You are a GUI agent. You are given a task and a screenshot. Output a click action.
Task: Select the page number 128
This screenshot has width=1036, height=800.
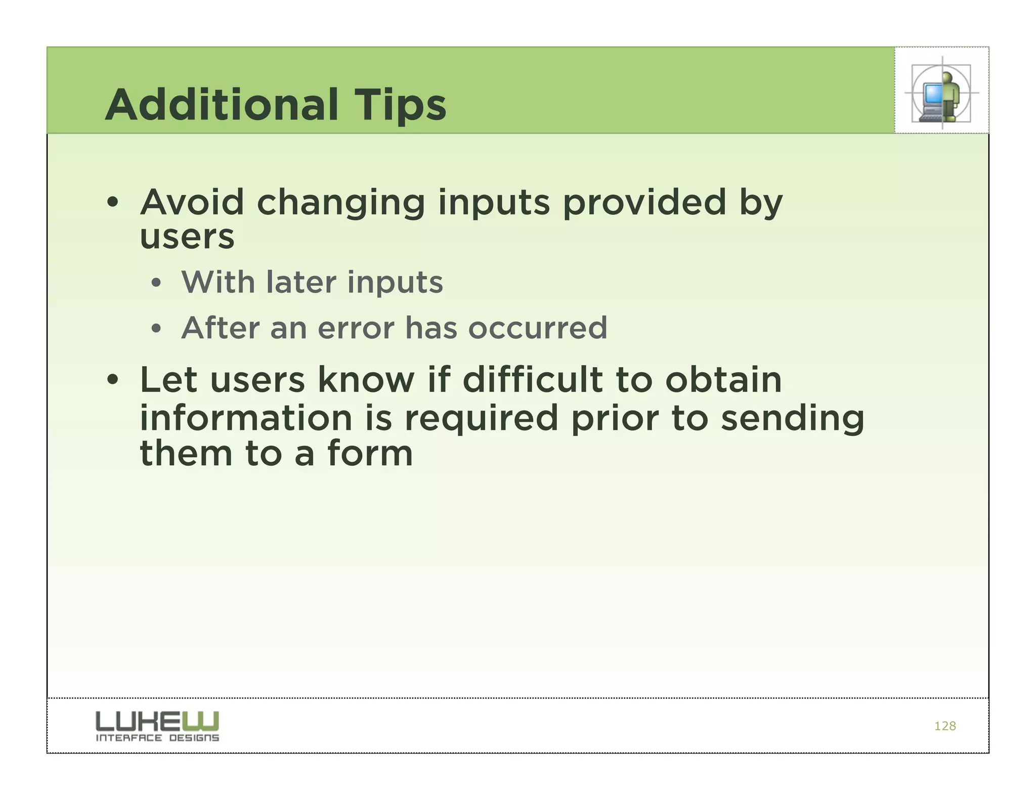pos(944,726)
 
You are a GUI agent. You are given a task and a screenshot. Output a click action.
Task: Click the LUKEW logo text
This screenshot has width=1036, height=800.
pos(157,721)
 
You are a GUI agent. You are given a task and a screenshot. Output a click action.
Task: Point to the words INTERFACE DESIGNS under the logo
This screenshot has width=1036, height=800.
pos(157,738)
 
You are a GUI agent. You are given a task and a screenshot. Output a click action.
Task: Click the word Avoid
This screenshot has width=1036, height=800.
pos(192,202)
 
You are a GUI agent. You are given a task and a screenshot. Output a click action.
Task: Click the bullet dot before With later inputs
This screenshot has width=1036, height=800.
pos(156,284)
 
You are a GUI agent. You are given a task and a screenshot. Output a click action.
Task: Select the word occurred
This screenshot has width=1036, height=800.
pos(537,329)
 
